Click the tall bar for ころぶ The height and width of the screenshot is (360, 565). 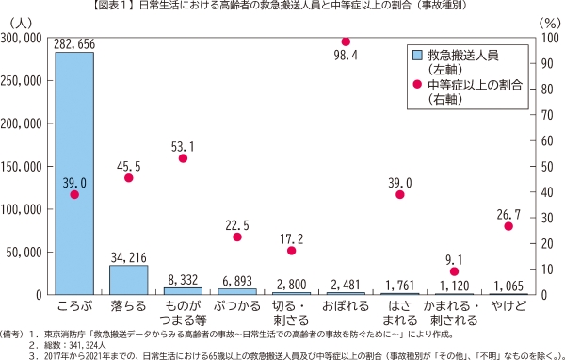pyautogui.click(x=73, y=174)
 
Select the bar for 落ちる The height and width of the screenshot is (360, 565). pyautogui.click(x=128, y=280)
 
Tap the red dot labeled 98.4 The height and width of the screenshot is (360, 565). pyautogui.click(x=346, y=41)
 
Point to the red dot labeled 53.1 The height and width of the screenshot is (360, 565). pyautogui.click(x=183, y=158)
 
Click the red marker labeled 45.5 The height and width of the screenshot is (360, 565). pyautogui.click(x=128, y=178)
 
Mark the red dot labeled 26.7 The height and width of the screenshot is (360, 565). pyautogui.click(x=508, y=226)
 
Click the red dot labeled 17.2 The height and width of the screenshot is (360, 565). pyautogui.click(x=291, y=251)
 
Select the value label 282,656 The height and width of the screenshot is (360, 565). pyautogui.click(x=73, y=43)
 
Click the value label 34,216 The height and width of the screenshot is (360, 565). pyautogui.click(x=128, y=256)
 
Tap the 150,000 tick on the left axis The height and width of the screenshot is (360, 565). pyautogui.click(x=23, y=166)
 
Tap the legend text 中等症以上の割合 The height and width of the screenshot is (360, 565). pyautogui.click(x=476, y=85)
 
